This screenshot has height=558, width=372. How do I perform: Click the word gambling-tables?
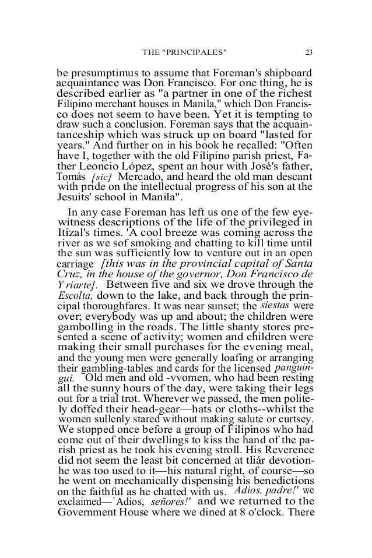point(117,369)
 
